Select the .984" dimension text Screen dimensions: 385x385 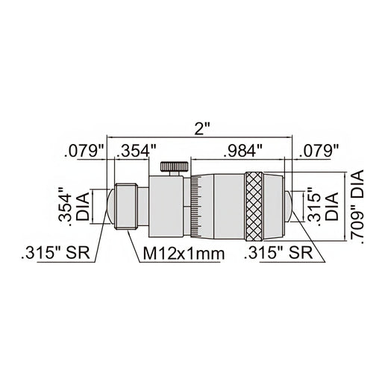pos(240,151)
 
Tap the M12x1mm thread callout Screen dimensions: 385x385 pos(183,254)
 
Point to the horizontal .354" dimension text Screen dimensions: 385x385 pos(136,152)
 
